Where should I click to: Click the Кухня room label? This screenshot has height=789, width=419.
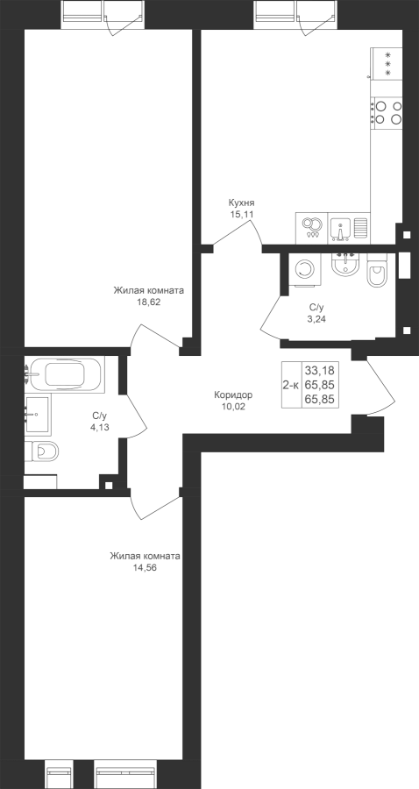point(241,203)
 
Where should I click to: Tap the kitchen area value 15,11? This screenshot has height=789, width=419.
point(241,214)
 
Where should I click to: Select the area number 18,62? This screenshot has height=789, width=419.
point(148,302)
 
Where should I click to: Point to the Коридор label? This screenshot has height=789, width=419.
point(233,395)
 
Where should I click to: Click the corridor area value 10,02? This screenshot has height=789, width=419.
point(233,407)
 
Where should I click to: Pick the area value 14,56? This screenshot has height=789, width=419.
point(146,568)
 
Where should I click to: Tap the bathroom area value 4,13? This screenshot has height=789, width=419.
point(100,427)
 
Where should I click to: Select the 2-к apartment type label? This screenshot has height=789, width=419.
point(291,386)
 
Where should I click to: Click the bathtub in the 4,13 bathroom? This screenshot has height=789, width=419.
point(66,373)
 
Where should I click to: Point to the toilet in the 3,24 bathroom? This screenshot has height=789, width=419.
point(377,270)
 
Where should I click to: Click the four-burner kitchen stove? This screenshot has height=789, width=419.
point(387,113)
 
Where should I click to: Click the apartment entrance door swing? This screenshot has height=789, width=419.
point(380,386)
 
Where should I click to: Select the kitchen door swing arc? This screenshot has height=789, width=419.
point(238,232)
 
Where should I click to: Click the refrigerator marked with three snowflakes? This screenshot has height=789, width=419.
point(387,63)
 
